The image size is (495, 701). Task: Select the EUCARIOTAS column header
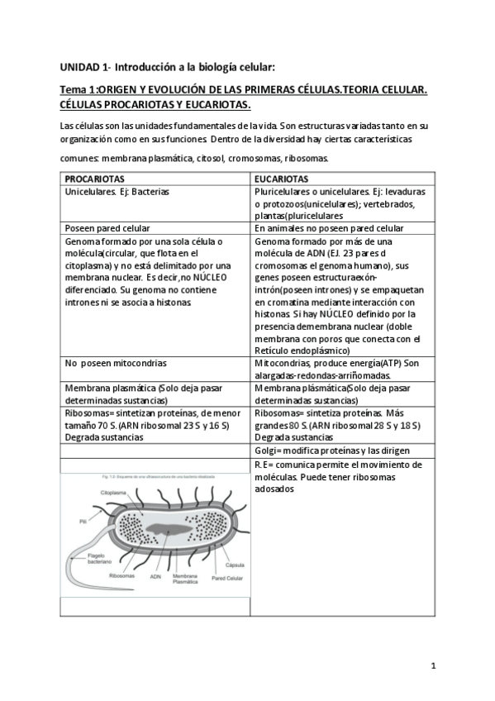pos(282,179)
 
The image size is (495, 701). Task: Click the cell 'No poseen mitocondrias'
pos(116,363)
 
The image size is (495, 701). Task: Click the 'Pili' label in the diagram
pos(83,522)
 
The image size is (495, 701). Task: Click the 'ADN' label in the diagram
pos(155,576)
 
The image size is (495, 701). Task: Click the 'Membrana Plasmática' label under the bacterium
pos(184,578)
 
